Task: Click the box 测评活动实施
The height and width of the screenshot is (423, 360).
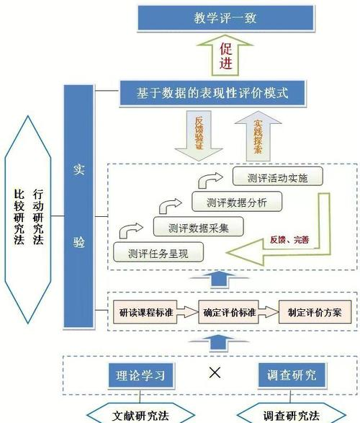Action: click(277, 177)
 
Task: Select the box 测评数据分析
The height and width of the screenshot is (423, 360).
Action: click(237, 203)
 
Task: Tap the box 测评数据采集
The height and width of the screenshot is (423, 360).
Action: click(198, 228)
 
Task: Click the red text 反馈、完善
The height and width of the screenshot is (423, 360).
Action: click(290, 239)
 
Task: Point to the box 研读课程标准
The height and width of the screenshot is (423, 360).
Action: click(147, 313)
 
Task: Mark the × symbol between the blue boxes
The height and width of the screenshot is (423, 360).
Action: click(214, 373)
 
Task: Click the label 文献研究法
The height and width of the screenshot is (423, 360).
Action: click(142, 414)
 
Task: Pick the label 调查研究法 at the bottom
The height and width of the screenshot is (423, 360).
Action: click(290, 414)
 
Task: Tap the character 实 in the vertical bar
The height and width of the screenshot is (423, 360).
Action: click(79, 171)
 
